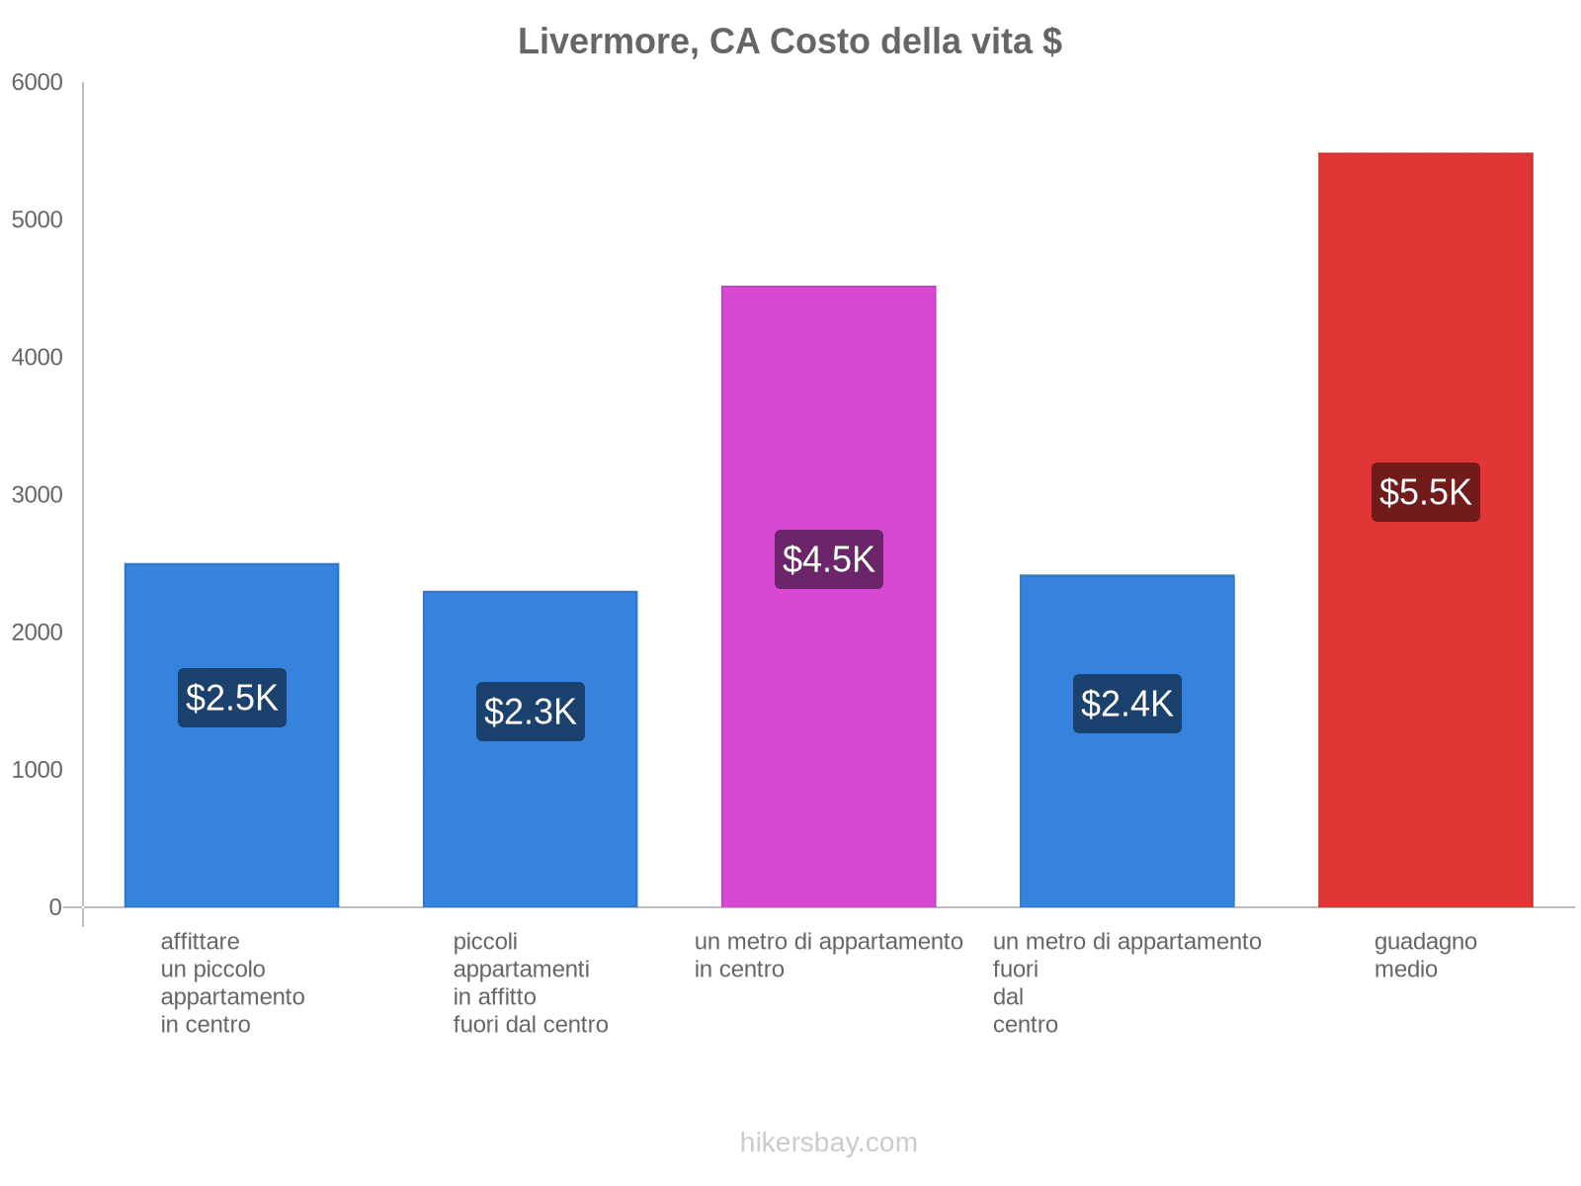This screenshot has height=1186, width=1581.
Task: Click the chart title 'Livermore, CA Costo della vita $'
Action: pos(790,42)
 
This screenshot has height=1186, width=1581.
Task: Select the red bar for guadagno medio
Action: pos(1425,530)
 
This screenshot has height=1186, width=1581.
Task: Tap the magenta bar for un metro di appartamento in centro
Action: pos(828,596)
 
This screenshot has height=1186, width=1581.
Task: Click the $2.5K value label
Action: pos(232,697)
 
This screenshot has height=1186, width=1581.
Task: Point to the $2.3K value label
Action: pos(530,711)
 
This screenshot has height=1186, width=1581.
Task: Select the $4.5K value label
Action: pos(828,558)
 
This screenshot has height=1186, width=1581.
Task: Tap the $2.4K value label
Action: pos(1126,703)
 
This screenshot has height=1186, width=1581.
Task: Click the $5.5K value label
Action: pos(1425,492)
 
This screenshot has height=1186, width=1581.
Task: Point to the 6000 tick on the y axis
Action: pos(37,82)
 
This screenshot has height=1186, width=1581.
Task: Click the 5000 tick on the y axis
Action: pos(37,219)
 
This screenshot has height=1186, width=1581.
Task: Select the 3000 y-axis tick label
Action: pos(37,495)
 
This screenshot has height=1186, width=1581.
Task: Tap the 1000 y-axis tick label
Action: pos(37,770)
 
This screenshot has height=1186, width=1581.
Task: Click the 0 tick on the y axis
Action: pos(54,907)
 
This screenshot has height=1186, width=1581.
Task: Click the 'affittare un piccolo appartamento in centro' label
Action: pos(232,982)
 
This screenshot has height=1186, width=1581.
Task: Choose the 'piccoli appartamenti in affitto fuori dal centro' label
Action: pos(530,982)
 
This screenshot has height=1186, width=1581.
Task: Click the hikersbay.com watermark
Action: pos(828,1143)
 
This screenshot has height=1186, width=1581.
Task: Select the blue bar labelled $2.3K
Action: pos(530,749)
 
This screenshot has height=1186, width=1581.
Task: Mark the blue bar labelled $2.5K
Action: pos(232,735)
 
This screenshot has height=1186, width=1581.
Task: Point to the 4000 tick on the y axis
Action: pos(37,357)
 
